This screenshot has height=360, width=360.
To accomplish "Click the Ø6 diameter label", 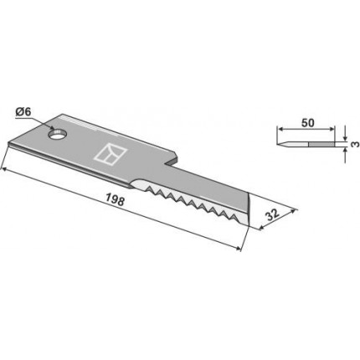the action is pos(23,112).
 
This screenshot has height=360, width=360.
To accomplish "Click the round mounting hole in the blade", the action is pos(58,135).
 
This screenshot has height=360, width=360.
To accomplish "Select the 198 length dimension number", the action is pos(115,199).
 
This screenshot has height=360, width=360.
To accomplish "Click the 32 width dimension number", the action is pos(271,215).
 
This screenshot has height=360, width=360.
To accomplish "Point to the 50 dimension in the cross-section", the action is pos(308,123).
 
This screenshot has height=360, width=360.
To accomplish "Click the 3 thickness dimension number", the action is pos(355,144).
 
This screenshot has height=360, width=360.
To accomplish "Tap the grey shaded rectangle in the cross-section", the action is pos(321,144).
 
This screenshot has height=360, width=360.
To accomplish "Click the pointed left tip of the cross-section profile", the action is pos(278,144).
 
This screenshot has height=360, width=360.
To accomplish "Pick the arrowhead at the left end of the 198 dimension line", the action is pos(4,168).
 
